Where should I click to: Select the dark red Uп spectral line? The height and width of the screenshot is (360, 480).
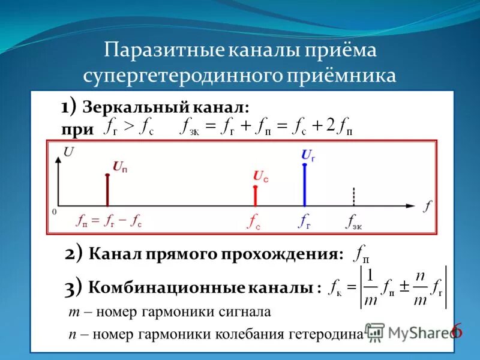click(x=107, y=190)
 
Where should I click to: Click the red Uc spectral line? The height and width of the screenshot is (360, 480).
click(x=256, y=196)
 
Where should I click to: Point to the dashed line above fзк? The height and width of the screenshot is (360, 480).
click(x=354, y=197)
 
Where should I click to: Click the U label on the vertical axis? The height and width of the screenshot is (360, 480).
click(x=69, y=152)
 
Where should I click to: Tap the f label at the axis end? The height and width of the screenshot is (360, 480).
click(x=427, y=207)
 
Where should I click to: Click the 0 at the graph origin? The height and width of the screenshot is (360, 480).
click(x=54, y=212)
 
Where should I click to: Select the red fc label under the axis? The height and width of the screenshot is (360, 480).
click(x=254, y=221)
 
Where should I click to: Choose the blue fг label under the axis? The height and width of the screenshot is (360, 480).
click(x=305, y=221)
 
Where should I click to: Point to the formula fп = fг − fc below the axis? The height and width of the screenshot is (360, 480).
click(x=109, y=221)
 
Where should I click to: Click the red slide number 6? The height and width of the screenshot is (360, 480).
click(x=457, y=331)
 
